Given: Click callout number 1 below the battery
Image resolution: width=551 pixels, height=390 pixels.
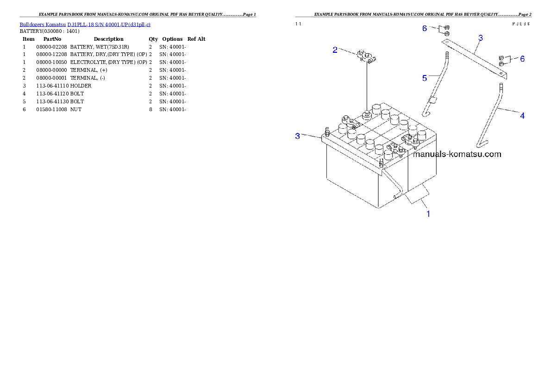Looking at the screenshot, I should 428,214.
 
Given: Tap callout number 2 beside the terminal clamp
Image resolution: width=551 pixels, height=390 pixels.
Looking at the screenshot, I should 335,50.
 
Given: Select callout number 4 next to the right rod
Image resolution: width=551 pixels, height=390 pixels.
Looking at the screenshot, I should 522,116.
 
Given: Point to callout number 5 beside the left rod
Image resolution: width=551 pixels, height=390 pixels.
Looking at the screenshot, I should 425,78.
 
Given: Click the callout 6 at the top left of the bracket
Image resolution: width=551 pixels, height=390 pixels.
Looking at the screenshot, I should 425,29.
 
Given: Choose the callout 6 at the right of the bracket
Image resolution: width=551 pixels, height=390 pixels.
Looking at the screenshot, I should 522,59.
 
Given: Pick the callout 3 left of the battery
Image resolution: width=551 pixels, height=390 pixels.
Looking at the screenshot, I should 298,136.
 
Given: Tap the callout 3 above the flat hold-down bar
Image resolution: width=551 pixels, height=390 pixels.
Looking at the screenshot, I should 481,38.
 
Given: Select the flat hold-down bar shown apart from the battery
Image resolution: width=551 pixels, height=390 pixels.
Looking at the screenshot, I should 475,58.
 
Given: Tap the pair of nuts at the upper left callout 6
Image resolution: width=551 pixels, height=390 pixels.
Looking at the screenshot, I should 447,31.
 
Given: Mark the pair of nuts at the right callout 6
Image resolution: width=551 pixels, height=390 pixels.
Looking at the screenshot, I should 501,60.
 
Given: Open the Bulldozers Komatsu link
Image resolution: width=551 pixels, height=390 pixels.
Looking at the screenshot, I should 43,24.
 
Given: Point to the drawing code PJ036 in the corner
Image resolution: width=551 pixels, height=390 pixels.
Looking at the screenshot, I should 520,24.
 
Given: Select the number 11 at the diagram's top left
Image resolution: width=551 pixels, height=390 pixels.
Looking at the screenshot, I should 299,24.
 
